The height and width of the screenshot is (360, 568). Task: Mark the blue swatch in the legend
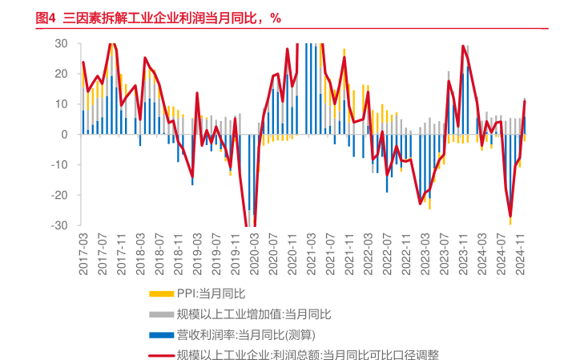[162, 334]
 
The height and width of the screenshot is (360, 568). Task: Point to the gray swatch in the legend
[162, 313]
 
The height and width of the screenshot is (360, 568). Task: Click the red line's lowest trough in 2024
[510, 216]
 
